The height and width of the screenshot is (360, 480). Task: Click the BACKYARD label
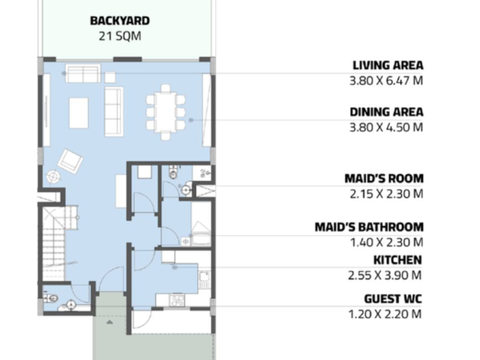[x=120, y=21]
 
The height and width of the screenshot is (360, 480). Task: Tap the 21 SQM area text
[x=120, y=36]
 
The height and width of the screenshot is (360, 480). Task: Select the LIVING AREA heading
[x=388, y=65]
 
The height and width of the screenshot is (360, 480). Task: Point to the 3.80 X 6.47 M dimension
[x=386, y=81]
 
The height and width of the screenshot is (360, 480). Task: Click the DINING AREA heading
[x=386, y=112]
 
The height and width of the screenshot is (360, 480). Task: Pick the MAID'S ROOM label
[x=384, y=178]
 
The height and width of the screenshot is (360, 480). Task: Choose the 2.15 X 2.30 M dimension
[x=386, y=194]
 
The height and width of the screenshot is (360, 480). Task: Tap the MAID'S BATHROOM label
[x=369, y=227]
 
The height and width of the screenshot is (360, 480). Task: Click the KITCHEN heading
[x=398, y=261]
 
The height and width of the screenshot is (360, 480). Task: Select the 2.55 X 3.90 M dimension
[x=385, y=275]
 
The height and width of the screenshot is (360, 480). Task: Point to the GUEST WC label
[x=393, y=299]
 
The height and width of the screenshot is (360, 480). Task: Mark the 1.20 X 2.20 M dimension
[x=385, y=314]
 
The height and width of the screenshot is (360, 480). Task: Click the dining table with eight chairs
[x=165, y=113]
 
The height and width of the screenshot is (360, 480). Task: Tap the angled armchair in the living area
[x=70, y=161]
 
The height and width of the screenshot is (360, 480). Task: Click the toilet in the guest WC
[x=51, y=298]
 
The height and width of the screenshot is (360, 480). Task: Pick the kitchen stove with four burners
[x=177, y=300]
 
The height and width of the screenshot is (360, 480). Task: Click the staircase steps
[x=54, y=242]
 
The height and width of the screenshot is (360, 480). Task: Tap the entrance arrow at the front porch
[x=109, y=321]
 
